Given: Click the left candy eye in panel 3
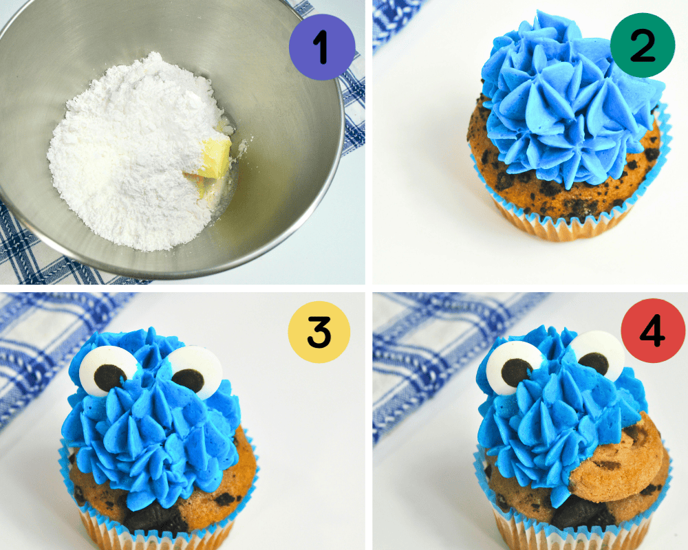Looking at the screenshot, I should pos(108,368).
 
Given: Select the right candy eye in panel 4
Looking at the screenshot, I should pos(596,355).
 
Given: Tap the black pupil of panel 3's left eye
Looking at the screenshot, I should pos(108,376).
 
